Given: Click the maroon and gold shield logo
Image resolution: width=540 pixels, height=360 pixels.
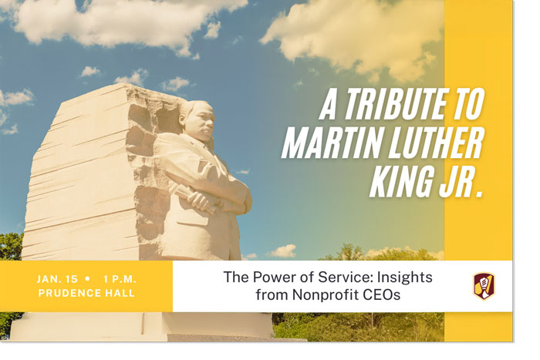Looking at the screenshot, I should click(484, 285).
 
